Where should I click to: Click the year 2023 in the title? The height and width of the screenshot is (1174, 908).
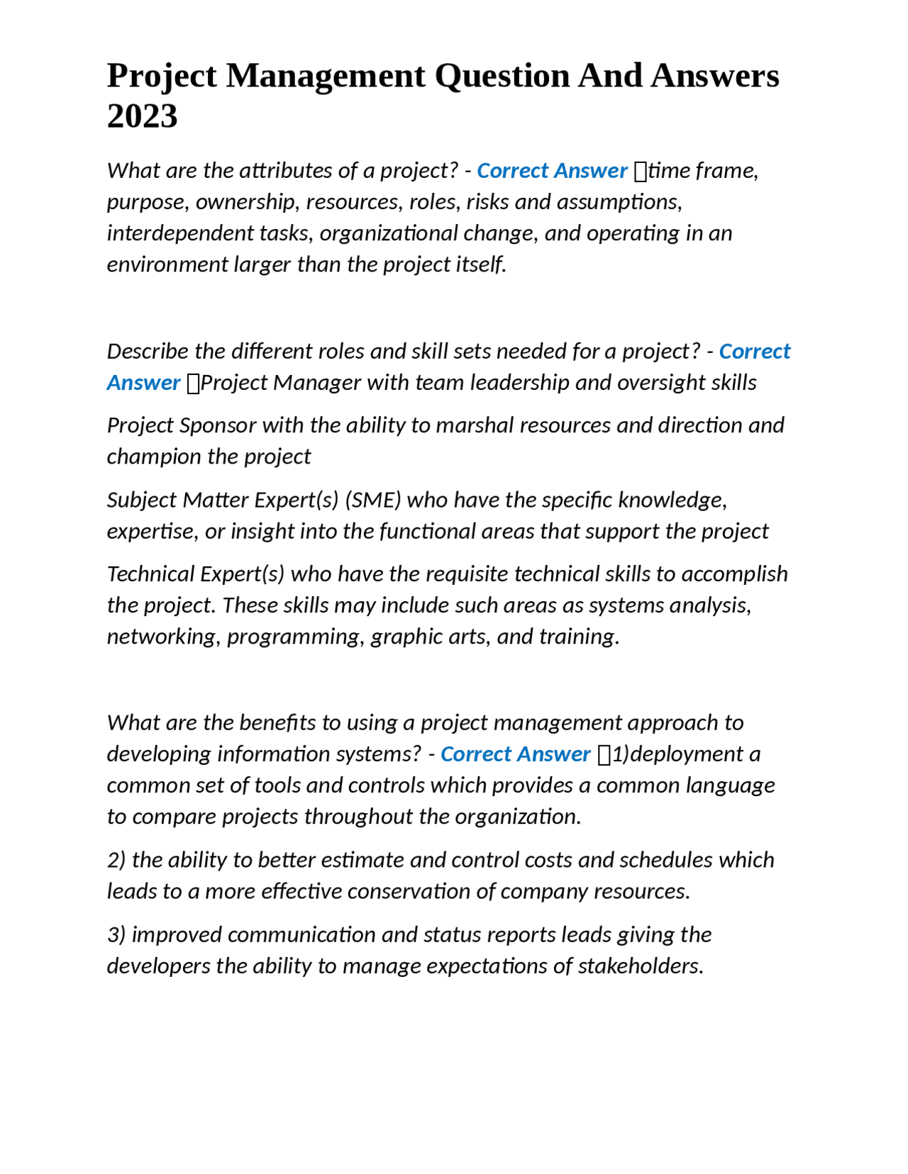(142, 116)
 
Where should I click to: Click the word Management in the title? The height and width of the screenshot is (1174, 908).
(326, 76)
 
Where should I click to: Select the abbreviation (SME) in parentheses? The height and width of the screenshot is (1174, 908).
(373, 501)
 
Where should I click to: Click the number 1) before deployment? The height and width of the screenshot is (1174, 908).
(620, 754)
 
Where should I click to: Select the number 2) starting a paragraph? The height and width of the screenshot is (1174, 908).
(116, 861)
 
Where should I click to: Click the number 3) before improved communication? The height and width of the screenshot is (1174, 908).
(116, 935)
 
